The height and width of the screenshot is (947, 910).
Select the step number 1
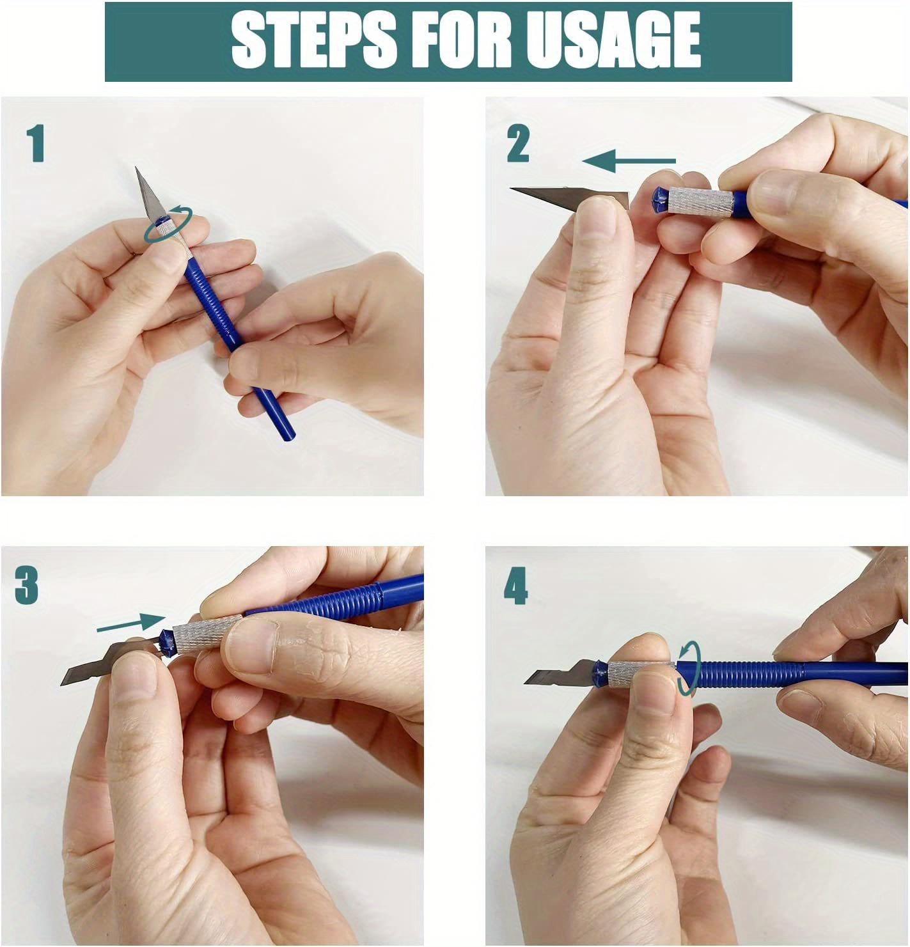pos(36,143)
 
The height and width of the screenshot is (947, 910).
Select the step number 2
pos(518,144)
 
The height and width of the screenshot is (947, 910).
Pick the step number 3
pos(27,586)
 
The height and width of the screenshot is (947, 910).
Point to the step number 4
pos(516,587)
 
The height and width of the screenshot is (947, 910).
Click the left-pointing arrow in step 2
pos(629,160)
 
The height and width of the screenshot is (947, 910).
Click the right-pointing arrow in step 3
pos(131,624)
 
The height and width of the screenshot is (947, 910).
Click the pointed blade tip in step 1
pos(136,168)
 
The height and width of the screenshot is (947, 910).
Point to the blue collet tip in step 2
pos(659,201)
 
